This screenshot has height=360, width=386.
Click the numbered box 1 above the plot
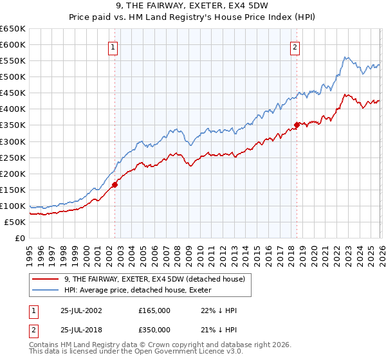tap(113, 47)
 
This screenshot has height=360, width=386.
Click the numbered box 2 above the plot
tap(295, 47)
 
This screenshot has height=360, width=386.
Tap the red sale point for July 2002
tap(115, 184)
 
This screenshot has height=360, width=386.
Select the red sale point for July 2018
tap(297, 125)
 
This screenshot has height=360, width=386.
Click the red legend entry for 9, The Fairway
tap(155, 280)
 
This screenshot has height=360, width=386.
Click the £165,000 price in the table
tap(154, 310)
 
